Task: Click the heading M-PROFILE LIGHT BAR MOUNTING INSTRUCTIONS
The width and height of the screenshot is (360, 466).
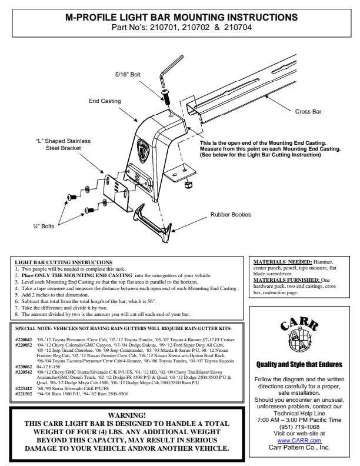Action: [180, 18]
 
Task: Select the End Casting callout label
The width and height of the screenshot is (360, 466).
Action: [105, 101]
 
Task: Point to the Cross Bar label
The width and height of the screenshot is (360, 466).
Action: [308, 111]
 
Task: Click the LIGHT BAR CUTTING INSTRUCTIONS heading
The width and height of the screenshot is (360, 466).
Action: [64, 262]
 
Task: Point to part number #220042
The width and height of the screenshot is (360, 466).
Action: [24, 339]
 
